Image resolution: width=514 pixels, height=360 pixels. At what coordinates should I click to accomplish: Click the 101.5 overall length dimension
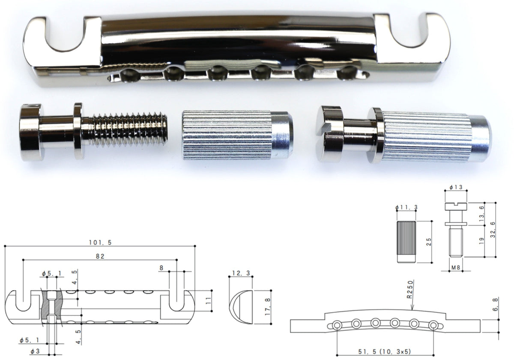100,243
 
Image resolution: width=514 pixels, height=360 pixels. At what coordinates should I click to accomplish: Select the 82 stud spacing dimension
100,256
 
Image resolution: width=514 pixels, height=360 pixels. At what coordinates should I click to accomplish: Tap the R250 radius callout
410,289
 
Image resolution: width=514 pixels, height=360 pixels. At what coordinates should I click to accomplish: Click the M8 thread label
456,267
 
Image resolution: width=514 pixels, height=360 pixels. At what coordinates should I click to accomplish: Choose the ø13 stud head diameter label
456,187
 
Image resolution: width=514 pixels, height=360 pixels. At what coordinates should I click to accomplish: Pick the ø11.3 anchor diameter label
406,207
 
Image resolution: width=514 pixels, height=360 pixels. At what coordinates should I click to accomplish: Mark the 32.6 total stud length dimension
493,230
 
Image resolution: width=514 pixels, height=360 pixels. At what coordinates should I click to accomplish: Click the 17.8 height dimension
268,306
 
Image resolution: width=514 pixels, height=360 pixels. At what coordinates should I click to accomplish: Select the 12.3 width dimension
241,273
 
